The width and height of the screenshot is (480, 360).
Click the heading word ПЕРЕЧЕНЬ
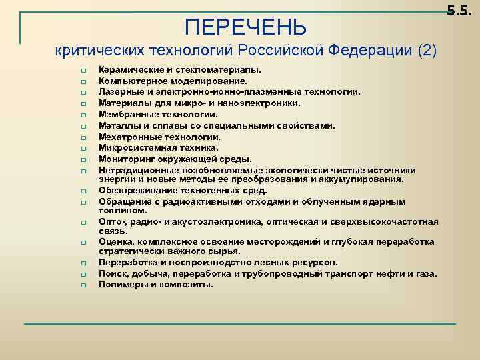point(246,27)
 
